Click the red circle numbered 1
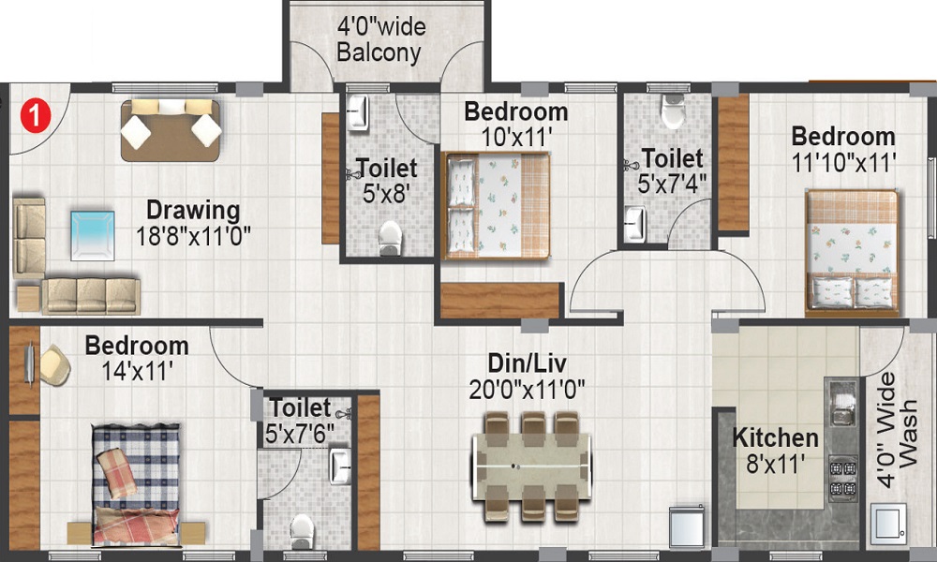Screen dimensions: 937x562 pos(36,115)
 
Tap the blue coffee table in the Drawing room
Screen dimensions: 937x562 pos(93,235)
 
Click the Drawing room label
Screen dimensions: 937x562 pos(193,210)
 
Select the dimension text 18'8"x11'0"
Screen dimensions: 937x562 pos(193,236)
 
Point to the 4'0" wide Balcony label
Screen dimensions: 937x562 pos(380,39)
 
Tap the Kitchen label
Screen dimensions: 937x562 pos(775,437)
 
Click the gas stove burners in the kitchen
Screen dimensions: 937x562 pos(842,479)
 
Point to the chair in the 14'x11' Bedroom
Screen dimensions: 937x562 pos(53,364)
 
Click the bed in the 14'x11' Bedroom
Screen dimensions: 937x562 pos(136,484)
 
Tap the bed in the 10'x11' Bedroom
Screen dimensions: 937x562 pos(496,206)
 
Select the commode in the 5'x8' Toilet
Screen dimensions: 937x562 pos(390,237)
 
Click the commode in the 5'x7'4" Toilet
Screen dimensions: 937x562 pos(673,111)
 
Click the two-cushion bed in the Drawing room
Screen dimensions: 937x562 pos(171,130)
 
